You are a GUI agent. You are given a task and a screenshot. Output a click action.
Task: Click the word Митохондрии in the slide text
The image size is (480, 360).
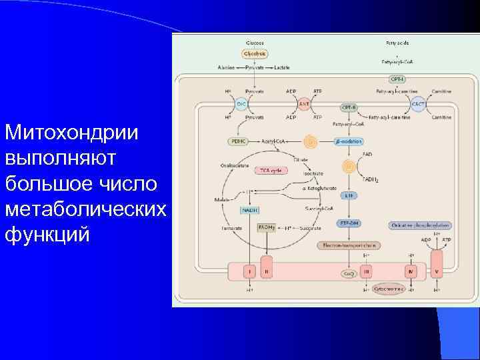click(x=71, y=132)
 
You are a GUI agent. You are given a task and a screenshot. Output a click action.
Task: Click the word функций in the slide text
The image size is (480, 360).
click(x=47, y=235)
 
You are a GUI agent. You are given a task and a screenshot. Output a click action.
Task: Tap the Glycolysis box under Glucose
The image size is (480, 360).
click(x=255, y=53)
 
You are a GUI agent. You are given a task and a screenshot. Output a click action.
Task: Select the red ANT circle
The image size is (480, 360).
click(x=303, y=104)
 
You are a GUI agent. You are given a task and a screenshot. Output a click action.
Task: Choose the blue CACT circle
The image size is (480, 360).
click(x=419, y=104)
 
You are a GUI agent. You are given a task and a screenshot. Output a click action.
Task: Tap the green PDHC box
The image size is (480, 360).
click(x=238, y=141)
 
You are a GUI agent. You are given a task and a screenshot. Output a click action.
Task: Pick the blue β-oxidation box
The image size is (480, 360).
click(x=347, y=141)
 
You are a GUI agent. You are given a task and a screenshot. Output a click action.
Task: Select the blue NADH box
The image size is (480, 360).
click(x=250, y=211)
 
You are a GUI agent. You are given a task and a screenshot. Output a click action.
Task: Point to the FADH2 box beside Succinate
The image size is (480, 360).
click(x=267, y=227)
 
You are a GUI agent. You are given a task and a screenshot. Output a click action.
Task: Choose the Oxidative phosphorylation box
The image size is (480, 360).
click(x=421, y=225)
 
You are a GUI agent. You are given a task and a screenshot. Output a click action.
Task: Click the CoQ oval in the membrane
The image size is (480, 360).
click(x=348, y=273)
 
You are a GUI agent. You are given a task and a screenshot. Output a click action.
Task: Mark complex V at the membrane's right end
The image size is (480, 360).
click(x=437, y=272)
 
